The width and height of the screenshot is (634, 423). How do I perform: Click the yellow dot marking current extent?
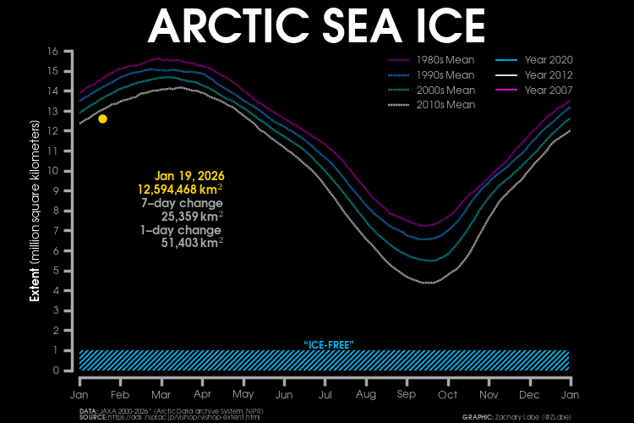102,118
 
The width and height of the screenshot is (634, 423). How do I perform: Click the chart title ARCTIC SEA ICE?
316,25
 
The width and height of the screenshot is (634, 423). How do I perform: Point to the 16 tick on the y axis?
52,52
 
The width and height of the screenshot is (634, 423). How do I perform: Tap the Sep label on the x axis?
406,395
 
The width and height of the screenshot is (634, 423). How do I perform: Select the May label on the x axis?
243,395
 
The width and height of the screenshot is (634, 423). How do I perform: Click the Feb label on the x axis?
120,395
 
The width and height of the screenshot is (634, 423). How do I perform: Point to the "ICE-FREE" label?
327,344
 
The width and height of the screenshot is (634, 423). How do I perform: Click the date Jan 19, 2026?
189,175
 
